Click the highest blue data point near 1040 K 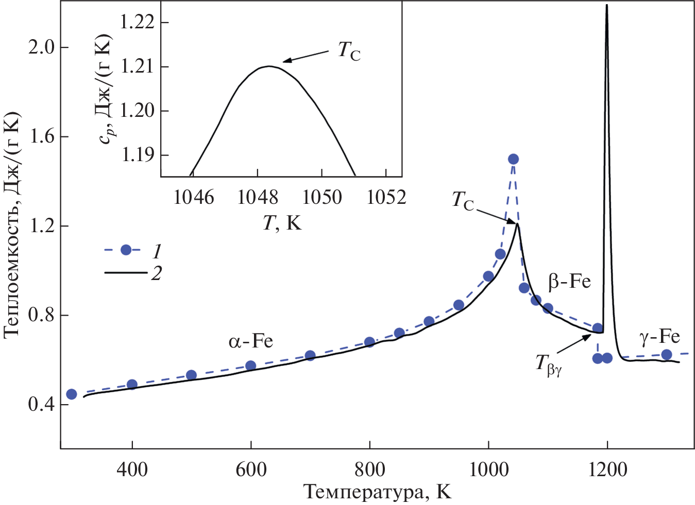[x=513, y=159]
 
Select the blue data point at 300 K [x=72, y=394]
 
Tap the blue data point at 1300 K [x=666, y=354]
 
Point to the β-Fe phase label [x=569, y=282]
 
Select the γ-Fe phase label [x=659, y=337]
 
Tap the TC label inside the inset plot [x=349, y=50]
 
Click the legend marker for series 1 [x=126, y=250]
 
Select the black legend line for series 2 [x=125, y=272]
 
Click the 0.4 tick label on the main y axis [x=41, y=405]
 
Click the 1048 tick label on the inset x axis [x=258, y=197]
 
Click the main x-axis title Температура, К [x=377, y=492]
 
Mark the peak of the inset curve [x=268, y=66]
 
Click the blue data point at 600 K [x=251, y=365]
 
